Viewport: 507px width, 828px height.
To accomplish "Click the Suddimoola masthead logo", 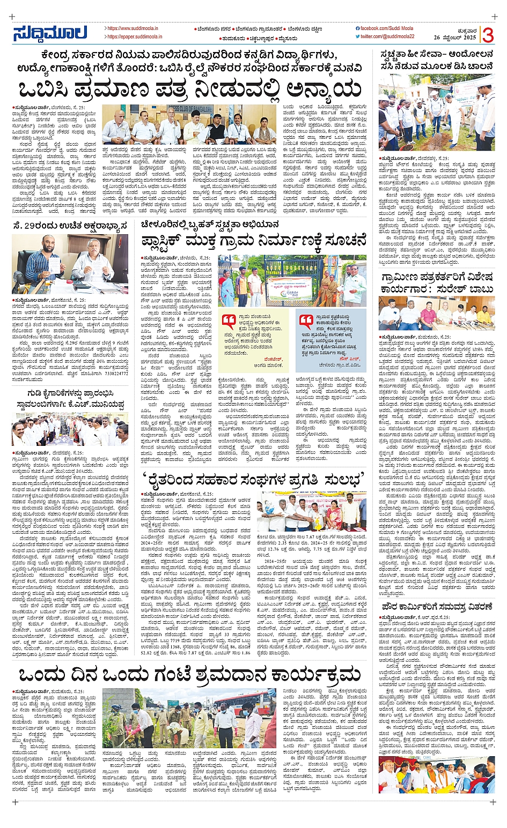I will tap(49, 33).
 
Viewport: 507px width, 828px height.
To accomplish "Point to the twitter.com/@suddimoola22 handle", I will tap(387, 36).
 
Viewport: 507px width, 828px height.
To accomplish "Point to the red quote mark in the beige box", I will tap(230, 321).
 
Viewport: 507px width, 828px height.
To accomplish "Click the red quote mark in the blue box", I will tap(306, 321).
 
